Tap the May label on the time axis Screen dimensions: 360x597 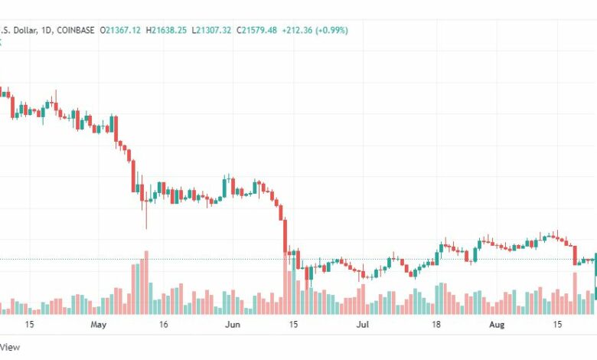[99, 325]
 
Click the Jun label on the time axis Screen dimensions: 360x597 [233, 325]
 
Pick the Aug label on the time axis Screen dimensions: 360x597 [497, 325]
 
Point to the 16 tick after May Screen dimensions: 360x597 [163, 325]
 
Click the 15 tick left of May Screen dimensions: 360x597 [29, 325]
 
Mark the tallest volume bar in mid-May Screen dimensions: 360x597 [145, 283]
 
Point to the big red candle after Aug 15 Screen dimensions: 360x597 [575, 255]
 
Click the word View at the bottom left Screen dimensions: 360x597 [10, 347]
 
